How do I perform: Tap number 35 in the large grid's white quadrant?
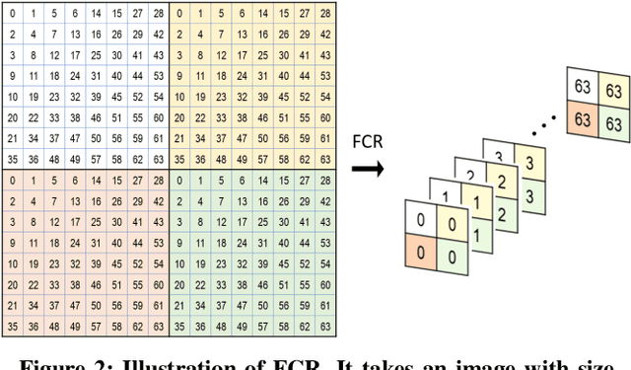(12, 158)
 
